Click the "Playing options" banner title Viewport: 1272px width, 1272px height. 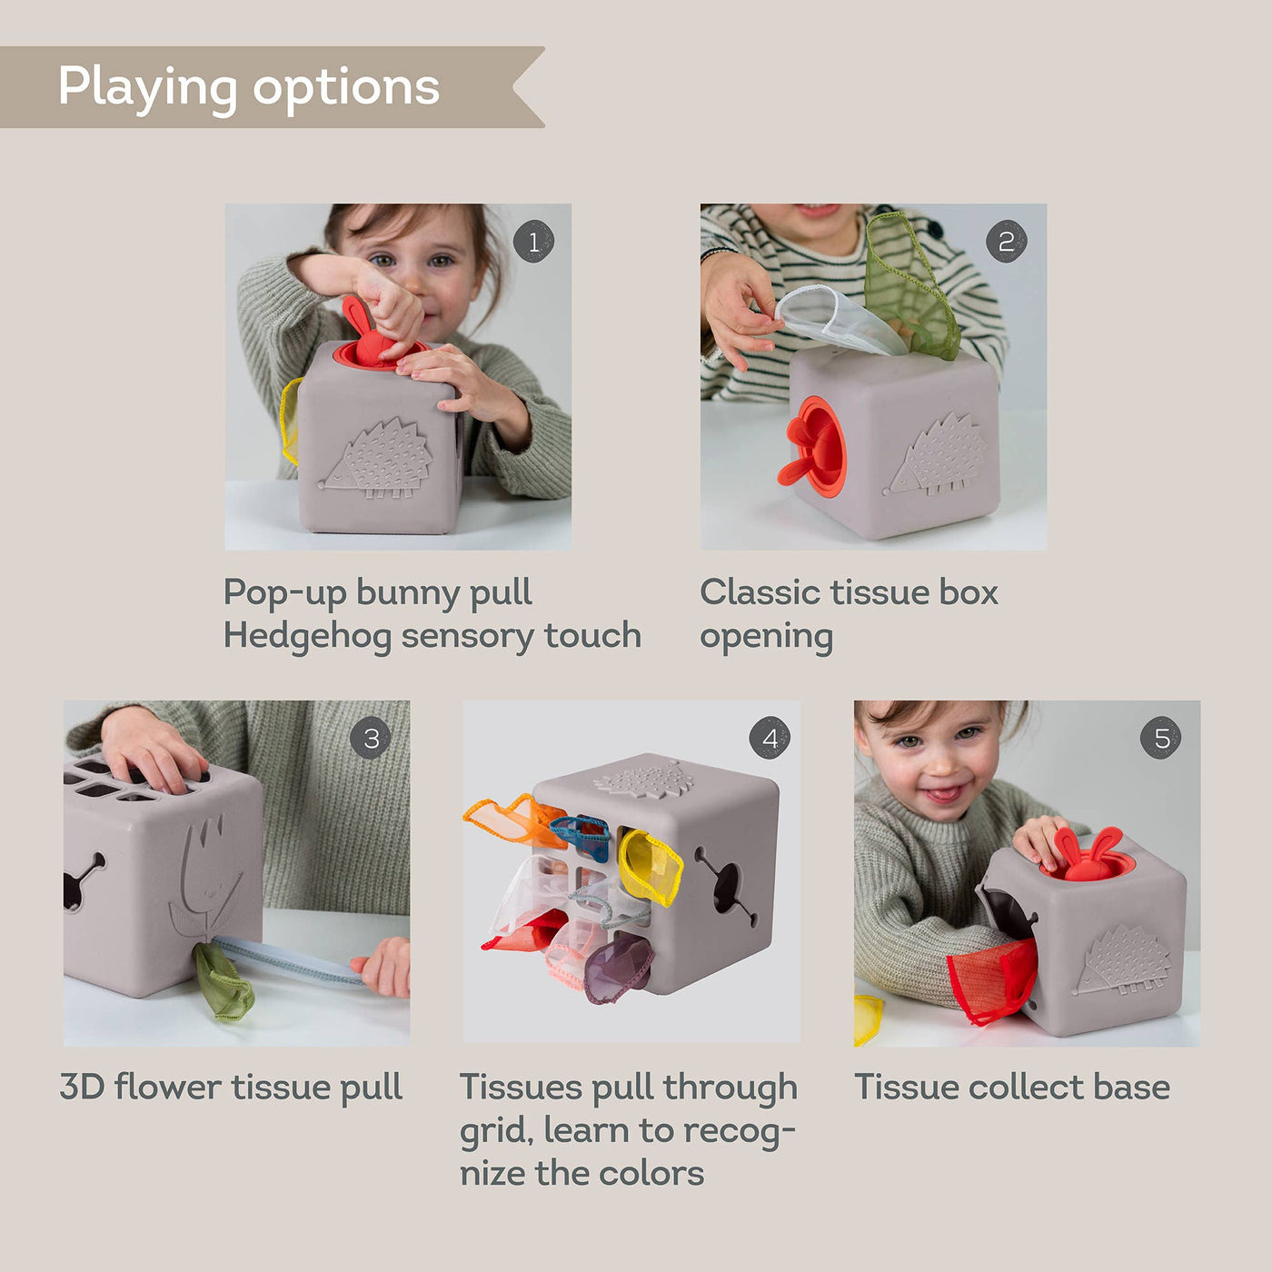(x=248, y=87)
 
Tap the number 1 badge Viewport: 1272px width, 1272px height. (x=533, y=242)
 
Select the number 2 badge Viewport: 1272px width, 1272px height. (x=1006, y=242)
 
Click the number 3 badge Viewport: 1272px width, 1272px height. (x=371, y=739)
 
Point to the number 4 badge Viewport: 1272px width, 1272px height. (x=770, y=739)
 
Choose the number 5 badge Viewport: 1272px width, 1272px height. (x=1161, y=739)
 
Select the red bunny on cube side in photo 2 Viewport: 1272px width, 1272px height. (x=810, y=448)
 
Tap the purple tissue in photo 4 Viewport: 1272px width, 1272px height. (x=618, y=968)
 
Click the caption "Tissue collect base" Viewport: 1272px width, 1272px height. (x=1011, y=1087)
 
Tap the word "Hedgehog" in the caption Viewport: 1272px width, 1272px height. (x=307, y=636)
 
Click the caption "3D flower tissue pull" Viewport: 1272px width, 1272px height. (x=231, y=1087)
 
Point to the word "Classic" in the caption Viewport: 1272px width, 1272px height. (x=760, y=592)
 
